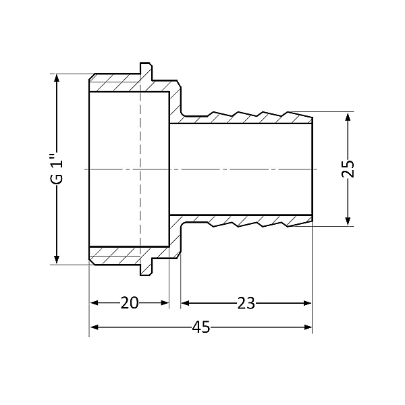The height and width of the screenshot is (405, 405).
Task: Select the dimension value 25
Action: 348,169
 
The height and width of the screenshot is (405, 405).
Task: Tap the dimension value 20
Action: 130,302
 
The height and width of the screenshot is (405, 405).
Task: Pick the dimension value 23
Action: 246,303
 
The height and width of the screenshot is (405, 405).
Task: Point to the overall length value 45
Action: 201,327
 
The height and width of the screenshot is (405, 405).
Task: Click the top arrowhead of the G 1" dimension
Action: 57,78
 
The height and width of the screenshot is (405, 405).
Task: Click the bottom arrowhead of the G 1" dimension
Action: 57,260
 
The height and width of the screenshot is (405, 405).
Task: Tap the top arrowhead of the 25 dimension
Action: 348,117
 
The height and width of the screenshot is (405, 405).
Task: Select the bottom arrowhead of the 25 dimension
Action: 348,221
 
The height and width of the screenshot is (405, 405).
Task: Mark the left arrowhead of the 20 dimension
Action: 94,302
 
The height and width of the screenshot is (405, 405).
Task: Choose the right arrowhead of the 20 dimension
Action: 165,302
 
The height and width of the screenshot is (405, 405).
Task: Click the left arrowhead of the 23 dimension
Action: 185,302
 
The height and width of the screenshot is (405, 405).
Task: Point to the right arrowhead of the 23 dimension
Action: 308,302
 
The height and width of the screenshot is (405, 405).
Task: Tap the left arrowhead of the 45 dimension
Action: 94,327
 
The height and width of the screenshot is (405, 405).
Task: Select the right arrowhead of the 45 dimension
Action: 308,327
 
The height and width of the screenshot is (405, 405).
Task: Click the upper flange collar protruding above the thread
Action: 146,72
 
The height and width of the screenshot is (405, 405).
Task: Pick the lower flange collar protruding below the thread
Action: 146,267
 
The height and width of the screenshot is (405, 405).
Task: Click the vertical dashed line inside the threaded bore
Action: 140,169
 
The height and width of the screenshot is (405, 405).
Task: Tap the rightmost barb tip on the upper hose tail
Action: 288,112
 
